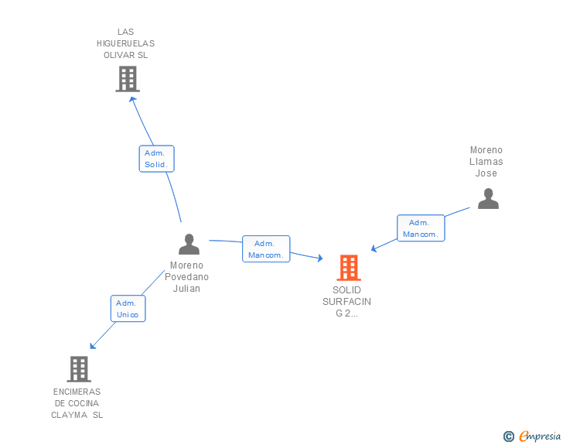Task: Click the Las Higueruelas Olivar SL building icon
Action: (x=128, y=79)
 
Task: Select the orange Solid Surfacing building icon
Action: (x=349, y=268)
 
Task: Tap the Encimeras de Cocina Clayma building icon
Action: (x=79, y=369)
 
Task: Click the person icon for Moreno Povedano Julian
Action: (x=189, y=245)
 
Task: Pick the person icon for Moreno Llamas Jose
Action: (x=488, y=199)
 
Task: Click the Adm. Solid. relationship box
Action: (x=156, y=159)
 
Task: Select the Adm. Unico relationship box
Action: (x=128, y=309)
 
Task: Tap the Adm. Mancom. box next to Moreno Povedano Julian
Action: (x=266, y=249)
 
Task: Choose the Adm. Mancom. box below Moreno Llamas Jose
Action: (x=421, y=228)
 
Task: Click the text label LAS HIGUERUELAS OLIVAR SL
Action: (x=125, y=43)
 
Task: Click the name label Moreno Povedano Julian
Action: (x=186, y=277)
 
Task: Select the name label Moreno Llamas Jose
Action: (x=486, y=162)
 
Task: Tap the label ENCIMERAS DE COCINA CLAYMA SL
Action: (x=77, y=403)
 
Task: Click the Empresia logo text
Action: (x=539, y=436)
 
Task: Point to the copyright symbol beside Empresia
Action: (x=509, y=436)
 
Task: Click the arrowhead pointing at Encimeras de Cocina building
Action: (x=92, y=346)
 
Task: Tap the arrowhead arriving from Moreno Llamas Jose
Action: (x=374, y=248)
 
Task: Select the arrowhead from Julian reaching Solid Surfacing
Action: (x=319, y=258)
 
